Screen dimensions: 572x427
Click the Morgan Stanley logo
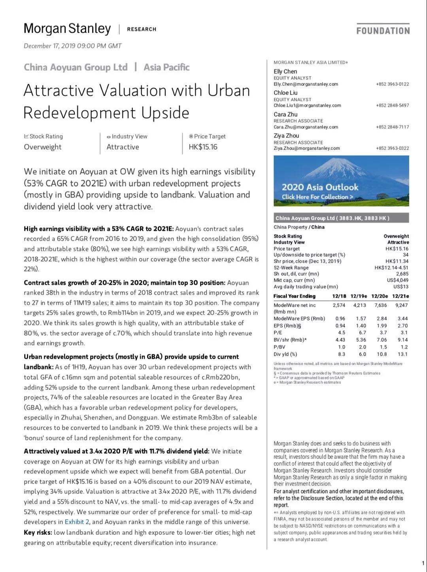tap(67, 29)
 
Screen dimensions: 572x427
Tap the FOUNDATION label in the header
tap(383, 30)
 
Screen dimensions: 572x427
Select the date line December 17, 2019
tap(73, 46)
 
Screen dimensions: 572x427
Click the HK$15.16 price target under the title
tap(203, 147)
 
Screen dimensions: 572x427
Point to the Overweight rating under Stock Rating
tap(43, 147)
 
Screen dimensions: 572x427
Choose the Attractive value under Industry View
tap(123, 147)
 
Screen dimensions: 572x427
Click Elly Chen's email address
tap(306, 84)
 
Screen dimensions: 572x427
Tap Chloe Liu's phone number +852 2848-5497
tap(392, 106)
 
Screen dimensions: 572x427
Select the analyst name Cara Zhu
tap(285, 114)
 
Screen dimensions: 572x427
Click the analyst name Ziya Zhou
tap(286, 136)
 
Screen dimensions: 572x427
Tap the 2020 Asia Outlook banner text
tap(319, 187)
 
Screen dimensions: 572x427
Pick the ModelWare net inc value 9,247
tap(401, 305)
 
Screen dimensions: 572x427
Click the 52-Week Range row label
tap(291, 268)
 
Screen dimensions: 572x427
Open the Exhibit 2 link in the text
tap(74, 522)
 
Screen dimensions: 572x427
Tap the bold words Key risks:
tap(38, 532)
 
